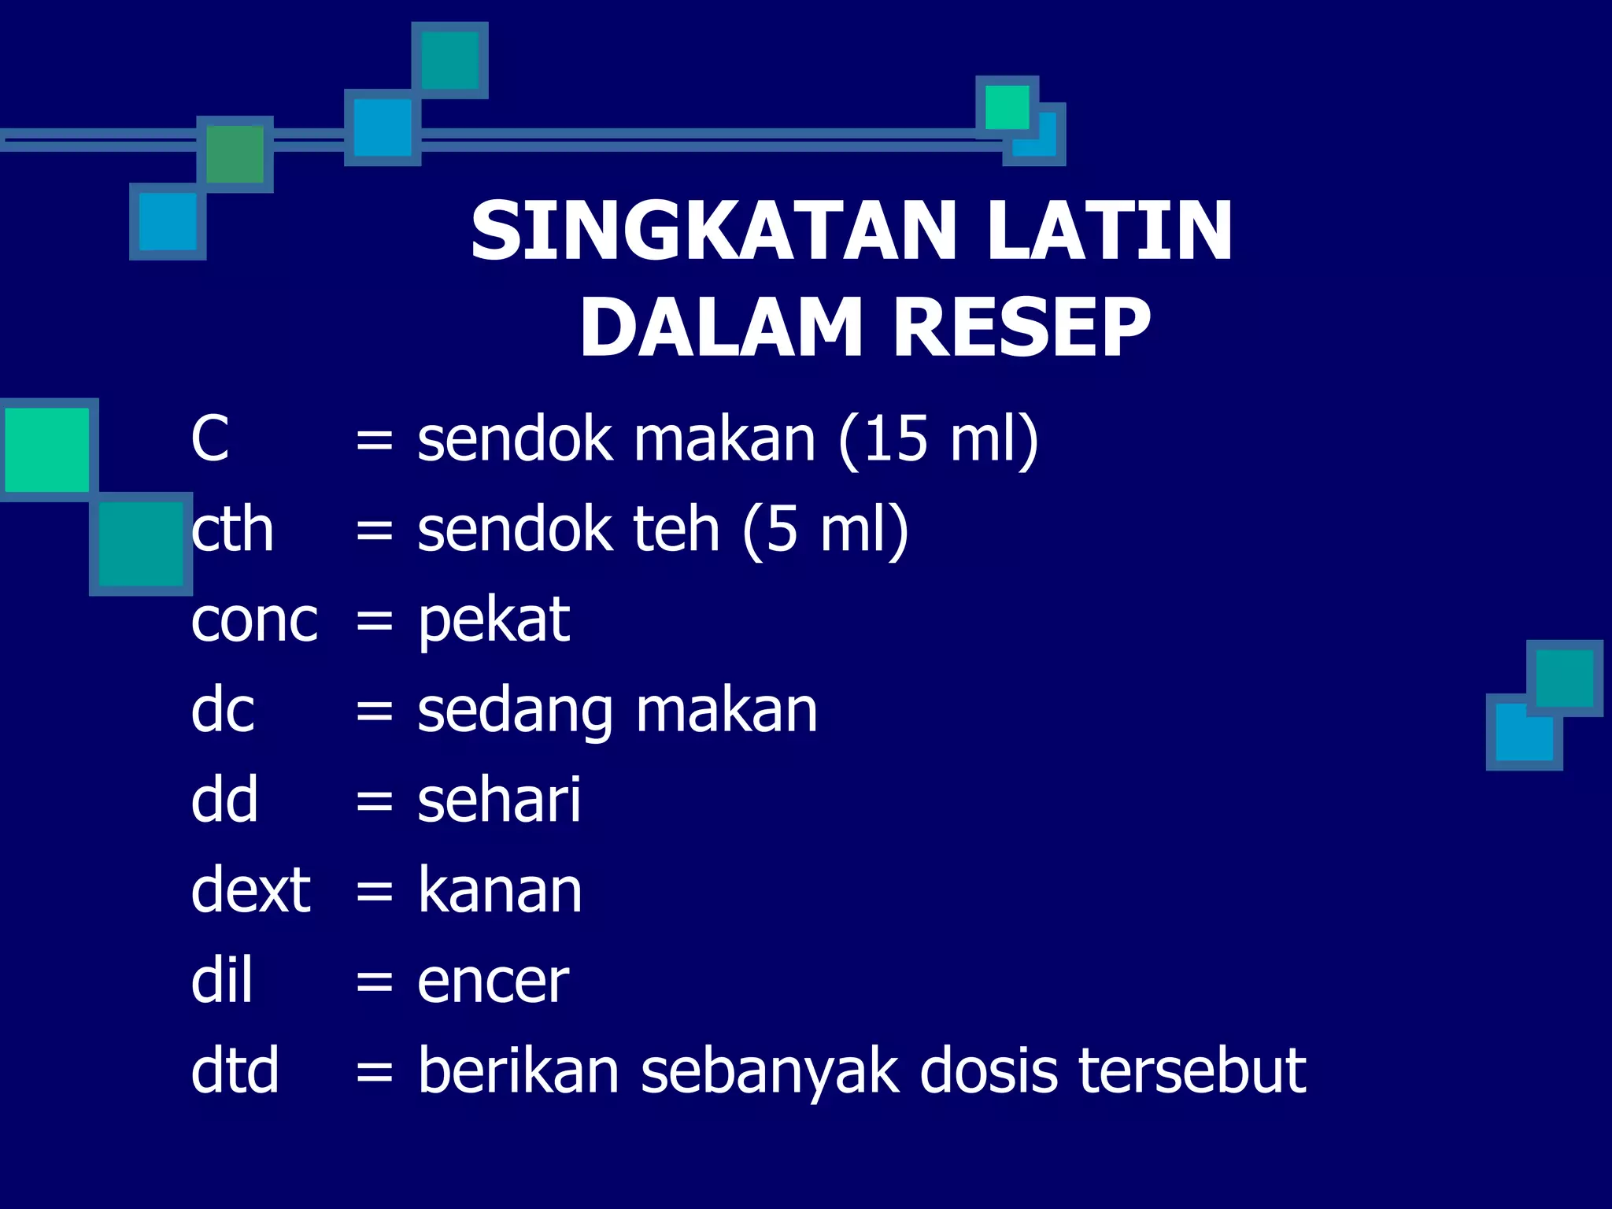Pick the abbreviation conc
click(254, 620)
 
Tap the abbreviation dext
click(251, 891)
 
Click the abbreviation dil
click(222, 981)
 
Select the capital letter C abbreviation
click(209, 438)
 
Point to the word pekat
click(494, 622)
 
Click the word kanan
click(500, 891)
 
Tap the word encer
click(493, 982)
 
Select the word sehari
click(499, 800)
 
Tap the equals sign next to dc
click(374, 712)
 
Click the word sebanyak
click(769, 1072)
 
